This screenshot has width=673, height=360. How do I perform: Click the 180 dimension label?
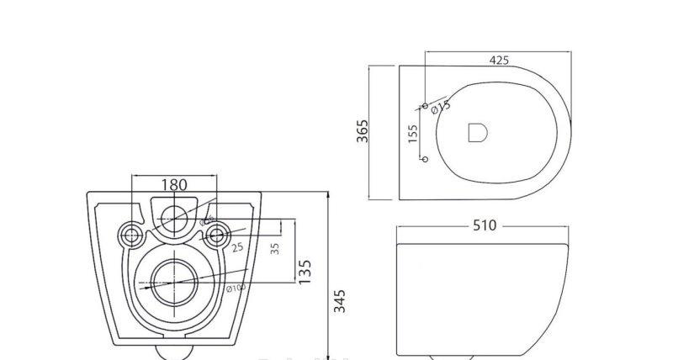coord(174,184)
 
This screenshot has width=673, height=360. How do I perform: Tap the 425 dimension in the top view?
coord(498,60)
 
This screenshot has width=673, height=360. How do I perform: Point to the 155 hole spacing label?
coord(413,134)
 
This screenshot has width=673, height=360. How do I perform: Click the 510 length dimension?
coord(485,225)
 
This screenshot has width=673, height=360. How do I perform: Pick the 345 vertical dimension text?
coord(339,300)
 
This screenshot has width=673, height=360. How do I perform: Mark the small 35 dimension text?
coord(274,250)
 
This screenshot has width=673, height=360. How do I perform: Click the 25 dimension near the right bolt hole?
coord(237,246)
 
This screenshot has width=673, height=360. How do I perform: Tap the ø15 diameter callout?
coord(440,107)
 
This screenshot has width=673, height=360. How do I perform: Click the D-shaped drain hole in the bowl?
coord(477,133)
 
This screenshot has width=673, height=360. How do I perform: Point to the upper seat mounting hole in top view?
coord(425,106)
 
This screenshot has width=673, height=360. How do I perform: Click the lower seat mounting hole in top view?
coord(425,158)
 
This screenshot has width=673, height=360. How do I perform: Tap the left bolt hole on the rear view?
coord(132,234)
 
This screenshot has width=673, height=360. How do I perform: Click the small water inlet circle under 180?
coord(174,216)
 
